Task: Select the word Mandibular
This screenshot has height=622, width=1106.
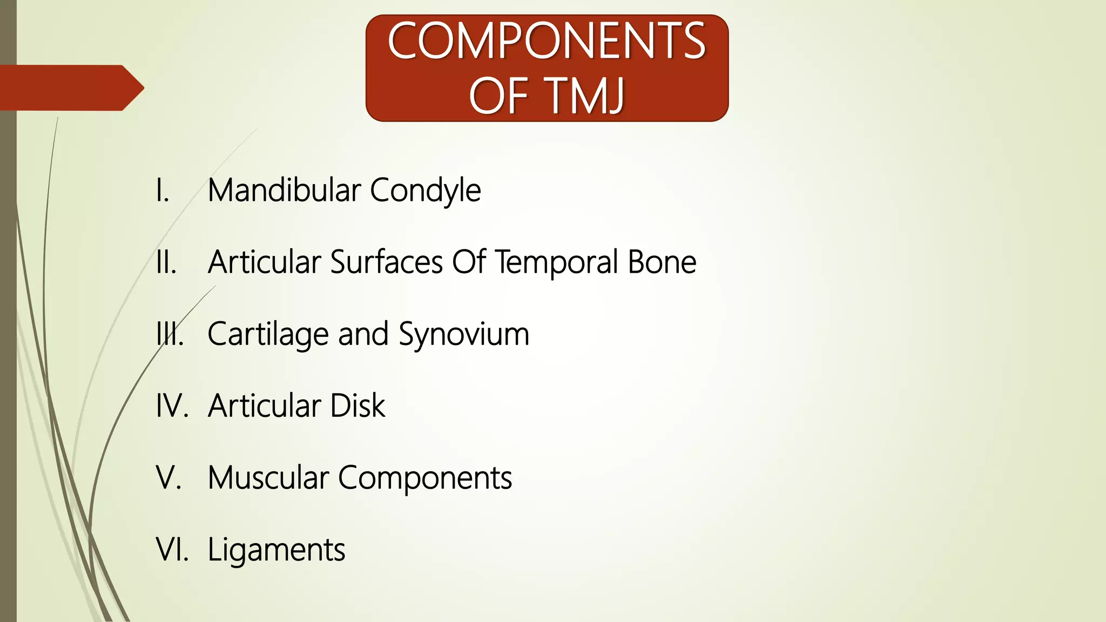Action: pyautogui.click(x=284, y=190)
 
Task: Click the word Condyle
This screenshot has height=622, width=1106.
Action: pyautogui.click(x=425, y=191)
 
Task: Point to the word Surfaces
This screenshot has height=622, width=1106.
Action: pyautogui.click(x=387, y=262)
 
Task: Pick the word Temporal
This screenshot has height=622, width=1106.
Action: pyautogui.click(x=557, y=263)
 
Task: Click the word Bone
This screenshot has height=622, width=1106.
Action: pyautogui.click(x=662, y=262)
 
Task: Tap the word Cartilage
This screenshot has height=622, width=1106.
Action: pyautogui.click(x=268, y=335)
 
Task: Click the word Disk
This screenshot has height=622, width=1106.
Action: pyautogui.click(x=358, y=405)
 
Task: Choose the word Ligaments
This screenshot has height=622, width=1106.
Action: pyautogui.click(x=276, y=550)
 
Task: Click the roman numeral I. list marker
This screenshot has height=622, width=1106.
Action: pyautogui.click(x=163, y=191)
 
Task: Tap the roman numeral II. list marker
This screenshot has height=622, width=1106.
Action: pyautogui.click(x=166, y=262)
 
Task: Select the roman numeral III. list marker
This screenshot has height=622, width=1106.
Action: pyautogui.click(x=170, y=334)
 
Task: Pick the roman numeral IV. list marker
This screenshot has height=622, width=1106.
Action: pyautogui.click(x=172, y=406)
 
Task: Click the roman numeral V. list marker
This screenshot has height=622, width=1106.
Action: pyautogui.click(x=168, y=478)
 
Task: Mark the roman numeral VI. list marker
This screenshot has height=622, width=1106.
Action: pyautogui.click(x=172, y=550)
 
